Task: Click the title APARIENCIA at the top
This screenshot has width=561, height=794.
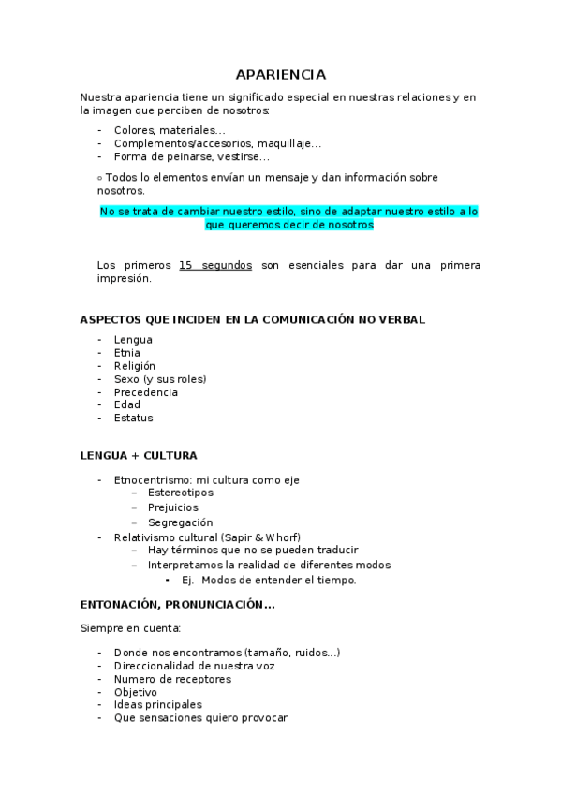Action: [x=280, y=74]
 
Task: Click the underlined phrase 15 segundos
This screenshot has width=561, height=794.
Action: [x=214, y=265]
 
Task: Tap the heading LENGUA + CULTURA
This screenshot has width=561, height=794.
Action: [x=139, y=455]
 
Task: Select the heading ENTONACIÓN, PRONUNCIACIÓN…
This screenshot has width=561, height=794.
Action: [x=177, y=604]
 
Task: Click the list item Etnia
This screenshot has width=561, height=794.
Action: [x=126, y=353]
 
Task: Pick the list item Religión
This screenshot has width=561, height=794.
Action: [x=135, y=366]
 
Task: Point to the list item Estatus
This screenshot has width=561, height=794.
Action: [x=133, y=419]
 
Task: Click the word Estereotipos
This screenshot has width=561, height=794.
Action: [x=181, y=493]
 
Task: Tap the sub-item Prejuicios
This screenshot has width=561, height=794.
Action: [x=173, y=507]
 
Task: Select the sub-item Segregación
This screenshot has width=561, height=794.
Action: [x=181, y=522]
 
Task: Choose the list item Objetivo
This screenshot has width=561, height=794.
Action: [x=136, y=692]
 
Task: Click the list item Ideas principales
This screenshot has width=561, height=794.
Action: [x=157, y=705]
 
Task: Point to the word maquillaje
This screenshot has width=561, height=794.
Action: [x=290, y=143]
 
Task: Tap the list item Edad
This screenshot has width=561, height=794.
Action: [x=126, y=405]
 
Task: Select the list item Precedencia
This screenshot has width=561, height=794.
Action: [x=145, y=392]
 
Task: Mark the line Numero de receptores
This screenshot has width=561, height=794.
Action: [x=172, y=679]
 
